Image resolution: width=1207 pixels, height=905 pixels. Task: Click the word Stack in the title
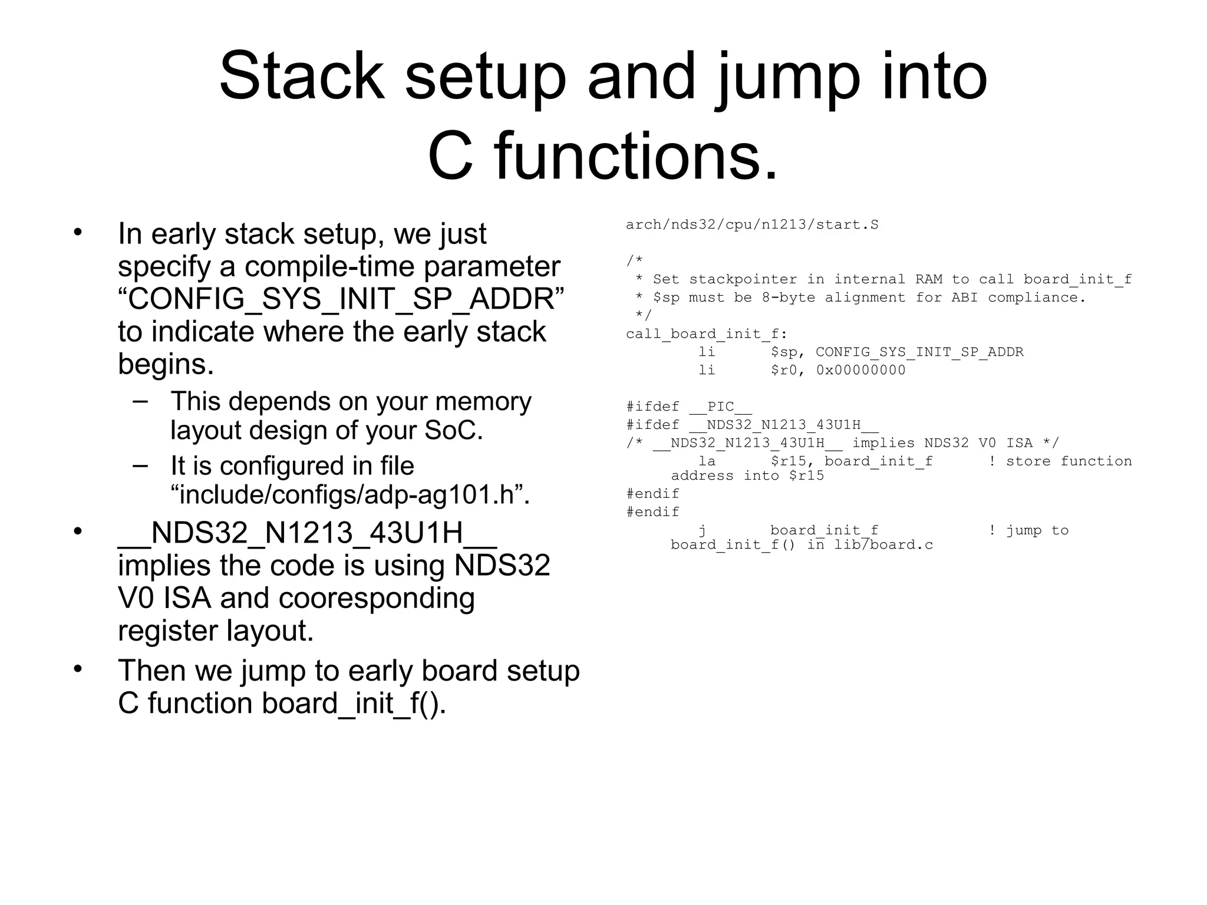tap(301, 77)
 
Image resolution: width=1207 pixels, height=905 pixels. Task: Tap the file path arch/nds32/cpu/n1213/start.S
tap(751, 224)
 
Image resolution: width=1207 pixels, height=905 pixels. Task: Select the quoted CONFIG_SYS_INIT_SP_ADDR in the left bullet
tap(341, 299)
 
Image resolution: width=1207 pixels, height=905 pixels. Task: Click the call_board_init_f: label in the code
tap(706, 334)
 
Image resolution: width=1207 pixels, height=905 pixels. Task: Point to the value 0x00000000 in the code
tap(860, 370)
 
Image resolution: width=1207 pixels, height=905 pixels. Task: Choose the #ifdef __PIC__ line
tap(688, 407)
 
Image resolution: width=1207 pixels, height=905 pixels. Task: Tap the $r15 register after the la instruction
tap(787, 461)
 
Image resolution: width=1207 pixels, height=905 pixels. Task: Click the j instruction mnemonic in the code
tap(703, 530)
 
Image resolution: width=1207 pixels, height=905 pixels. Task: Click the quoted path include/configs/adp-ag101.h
tap(350, 494)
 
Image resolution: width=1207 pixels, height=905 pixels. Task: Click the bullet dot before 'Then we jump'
tap(78, 669)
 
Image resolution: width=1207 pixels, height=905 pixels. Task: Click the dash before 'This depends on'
tap(140, 401)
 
